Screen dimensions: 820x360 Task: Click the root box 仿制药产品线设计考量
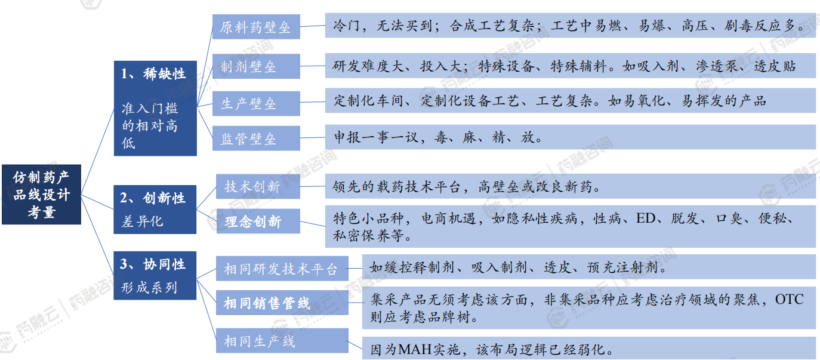point(41,195)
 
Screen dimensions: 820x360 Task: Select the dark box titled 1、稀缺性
point(155,109)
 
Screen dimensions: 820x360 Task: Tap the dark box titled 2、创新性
point(155,210)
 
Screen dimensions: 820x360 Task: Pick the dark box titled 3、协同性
point(155,275)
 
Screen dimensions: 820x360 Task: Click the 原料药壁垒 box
point(256,27)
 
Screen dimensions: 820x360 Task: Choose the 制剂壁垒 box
point(256,66)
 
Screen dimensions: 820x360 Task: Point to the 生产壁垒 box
point(256,104)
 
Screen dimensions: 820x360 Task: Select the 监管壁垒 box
point(256,139)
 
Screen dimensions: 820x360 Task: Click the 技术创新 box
point(258,186)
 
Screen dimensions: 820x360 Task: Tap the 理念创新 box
point(258,221)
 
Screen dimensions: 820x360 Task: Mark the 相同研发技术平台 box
point(282,269)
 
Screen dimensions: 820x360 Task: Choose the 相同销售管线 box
point(282,303)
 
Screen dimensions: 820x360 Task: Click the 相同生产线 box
point(282,340)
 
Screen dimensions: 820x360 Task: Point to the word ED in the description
point(646,219)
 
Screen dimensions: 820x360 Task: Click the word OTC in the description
point(789,299)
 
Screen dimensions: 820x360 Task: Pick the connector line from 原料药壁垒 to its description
point(313,26)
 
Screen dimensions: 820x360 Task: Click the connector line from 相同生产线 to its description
point(355,344)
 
